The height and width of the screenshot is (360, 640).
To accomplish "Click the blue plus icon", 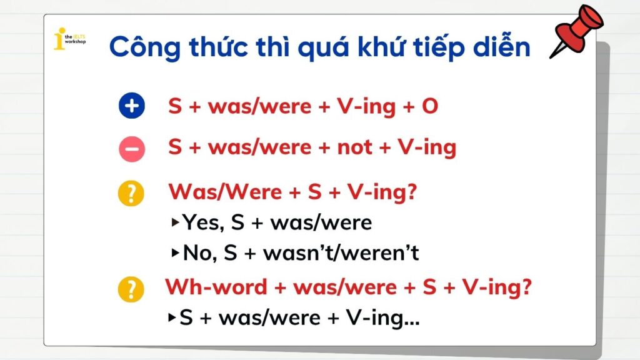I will tap(131, 107).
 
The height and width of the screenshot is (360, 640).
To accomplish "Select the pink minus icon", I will tap(131, 148).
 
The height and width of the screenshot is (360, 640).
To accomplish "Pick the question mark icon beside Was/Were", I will tap(131, 194).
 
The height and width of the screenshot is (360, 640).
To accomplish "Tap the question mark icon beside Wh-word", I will tap(131, 289).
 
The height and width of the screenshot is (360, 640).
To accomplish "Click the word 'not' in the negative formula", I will tap(354, 148).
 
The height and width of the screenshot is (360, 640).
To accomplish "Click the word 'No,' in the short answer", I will tap(201, 253).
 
